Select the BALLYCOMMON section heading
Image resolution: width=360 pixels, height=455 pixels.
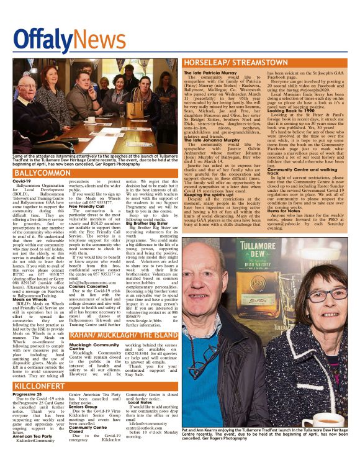[x=40, y=172]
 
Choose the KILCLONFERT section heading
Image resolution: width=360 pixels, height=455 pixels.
[x=37, y=386]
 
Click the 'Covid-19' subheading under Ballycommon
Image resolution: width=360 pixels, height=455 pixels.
[x=22, y=181]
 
